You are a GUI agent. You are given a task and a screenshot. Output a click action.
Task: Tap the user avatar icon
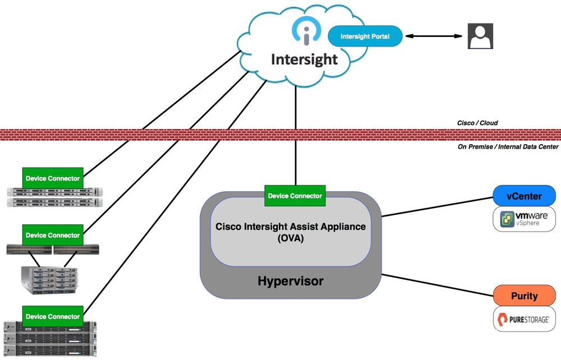coord(480,36)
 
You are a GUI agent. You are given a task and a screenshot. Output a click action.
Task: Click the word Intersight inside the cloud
coord(305,59)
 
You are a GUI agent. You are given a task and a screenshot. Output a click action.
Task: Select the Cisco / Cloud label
coord(477,123)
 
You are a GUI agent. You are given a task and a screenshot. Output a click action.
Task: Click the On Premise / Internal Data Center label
coord(508,146)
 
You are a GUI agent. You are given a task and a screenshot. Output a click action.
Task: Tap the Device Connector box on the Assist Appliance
coord(295,196)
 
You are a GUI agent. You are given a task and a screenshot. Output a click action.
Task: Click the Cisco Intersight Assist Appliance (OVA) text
coord(291,232)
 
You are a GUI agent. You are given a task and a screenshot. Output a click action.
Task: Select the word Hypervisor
coord(291,280)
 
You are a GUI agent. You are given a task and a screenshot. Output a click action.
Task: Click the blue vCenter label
coord(525,196)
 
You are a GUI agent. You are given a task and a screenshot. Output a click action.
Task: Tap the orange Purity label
coord(525,296)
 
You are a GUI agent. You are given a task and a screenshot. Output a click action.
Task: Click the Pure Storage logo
coord(525,319)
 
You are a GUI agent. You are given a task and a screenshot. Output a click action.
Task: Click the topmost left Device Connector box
coord(53,178)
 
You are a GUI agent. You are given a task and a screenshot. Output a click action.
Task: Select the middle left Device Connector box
coord(53,235)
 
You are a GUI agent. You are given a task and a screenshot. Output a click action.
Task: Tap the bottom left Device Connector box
coord(53,316)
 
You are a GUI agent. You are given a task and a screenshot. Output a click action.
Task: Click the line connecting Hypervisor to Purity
coord(438,284)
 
